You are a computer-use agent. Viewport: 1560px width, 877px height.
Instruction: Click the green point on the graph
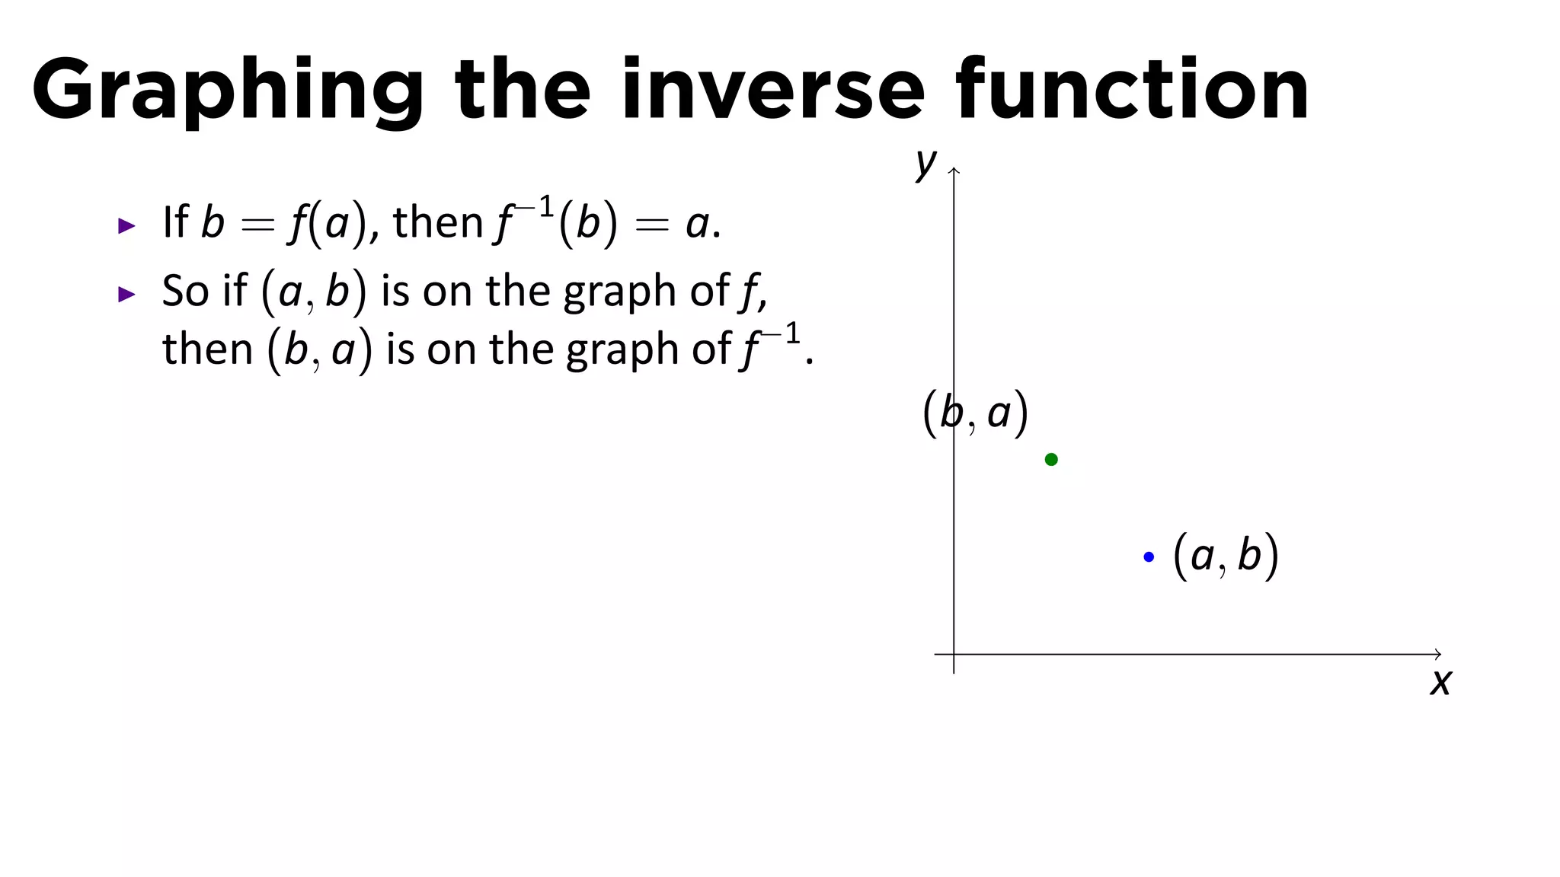coord(1051,459)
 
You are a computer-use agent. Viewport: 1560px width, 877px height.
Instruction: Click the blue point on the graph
coord(1149,557)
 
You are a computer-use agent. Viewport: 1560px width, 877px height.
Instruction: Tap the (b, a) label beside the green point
coord(975,413)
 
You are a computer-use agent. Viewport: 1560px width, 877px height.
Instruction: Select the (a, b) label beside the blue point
coord(1226,556)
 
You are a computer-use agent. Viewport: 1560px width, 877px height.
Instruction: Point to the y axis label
coord(925,162)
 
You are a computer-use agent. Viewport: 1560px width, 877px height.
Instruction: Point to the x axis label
coord(1440,682)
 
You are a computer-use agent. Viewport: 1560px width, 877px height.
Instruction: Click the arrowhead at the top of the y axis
coord(954,171)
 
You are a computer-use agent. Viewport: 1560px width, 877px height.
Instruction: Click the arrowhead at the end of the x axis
coord(1438,654)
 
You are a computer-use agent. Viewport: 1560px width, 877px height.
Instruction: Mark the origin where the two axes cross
coord(954,654)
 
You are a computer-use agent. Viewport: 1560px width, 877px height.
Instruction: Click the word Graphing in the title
coord(227,90)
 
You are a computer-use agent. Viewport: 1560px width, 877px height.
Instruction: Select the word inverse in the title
coord(772,90)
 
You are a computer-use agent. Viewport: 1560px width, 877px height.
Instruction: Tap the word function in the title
coord(1132,90)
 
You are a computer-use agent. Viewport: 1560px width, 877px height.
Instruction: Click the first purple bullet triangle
coord(127,225)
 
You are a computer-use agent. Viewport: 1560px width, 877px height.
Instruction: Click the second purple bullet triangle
coord(127,294)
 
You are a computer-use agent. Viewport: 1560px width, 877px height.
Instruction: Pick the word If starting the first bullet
coord(175,222)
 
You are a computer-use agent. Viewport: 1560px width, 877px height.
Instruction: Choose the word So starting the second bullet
coord(185,291)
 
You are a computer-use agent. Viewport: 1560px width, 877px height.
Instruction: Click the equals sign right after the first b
coord(257,225)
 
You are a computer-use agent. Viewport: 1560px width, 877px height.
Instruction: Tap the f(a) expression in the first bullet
coord(328,224)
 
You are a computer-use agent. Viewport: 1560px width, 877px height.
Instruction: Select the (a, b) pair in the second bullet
coord(314,292)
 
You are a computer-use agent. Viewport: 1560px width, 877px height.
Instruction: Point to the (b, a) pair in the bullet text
coord(319,350)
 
